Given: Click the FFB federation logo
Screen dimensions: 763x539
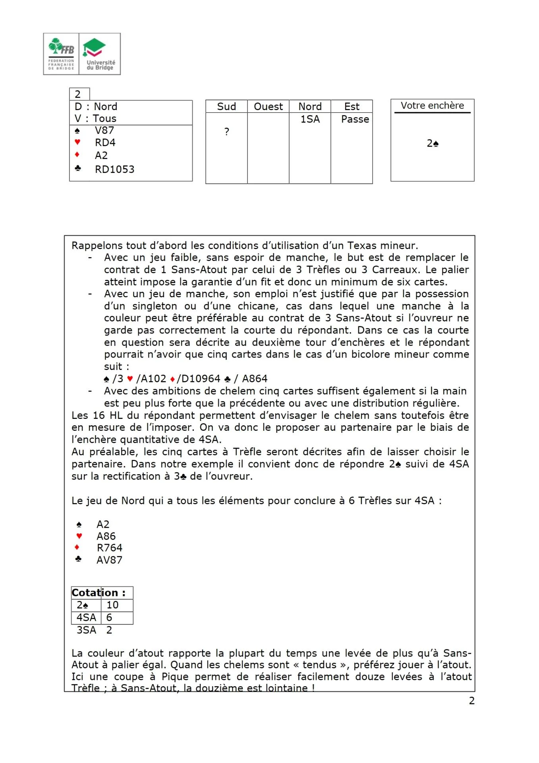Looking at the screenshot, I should tap(61, 54).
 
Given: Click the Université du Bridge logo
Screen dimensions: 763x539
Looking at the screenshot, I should tap(100, 54).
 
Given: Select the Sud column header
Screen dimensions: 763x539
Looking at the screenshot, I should tap(226, 107).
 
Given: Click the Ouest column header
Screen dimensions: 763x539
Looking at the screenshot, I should tap(268, 107).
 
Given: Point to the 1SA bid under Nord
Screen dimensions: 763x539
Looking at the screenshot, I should tap(310, 119).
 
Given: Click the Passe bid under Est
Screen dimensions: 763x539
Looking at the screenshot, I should tap(355, 119).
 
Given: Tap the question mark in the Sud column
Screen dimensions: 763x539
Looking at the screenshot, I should tap(226, 132).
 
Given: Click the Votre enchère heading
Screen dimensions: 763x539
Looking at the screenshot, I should tap(432, 106).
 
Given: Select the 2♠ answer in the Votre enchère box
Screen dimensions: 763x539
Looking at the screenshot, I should tap(433, 143).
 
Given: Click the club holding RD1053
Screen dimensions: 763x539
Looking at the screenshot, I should tap(114, 169).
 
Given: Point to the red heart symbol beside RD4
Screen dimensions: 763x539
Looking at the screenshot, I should tap(77, 142).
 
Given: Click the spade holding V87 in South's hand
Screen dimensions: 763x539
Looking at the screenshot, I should tap(104, 130).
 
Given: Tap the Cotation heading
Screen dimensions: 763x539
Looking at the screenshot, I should tap(99, 593).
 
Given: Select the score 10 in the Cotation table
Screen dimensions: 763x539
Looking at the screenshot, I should tap(112, 605).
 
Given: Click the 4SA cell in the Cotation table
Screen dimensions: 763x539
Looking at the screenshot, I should tap(86, 618).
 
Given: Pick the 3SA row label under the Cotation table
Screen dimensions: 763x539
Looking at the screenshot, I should tap(86, 630).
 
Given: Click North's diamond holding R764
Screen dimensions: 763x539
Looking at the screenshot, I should tap(109, 548).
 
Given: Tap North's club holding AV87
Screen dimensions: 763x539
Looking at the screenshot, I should tap(109, 560).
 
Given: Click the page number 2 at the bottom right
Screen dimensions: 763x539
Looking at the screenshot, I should tap(471, 701).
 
